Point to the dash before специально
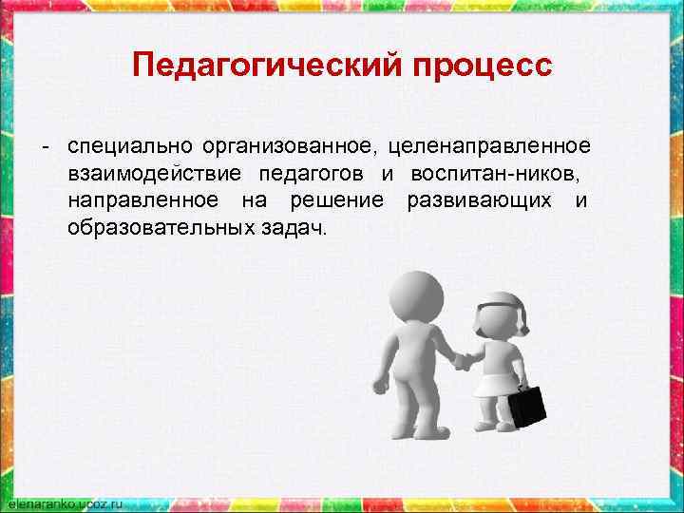[44, 147]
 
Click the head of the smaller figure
[500, 316]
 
